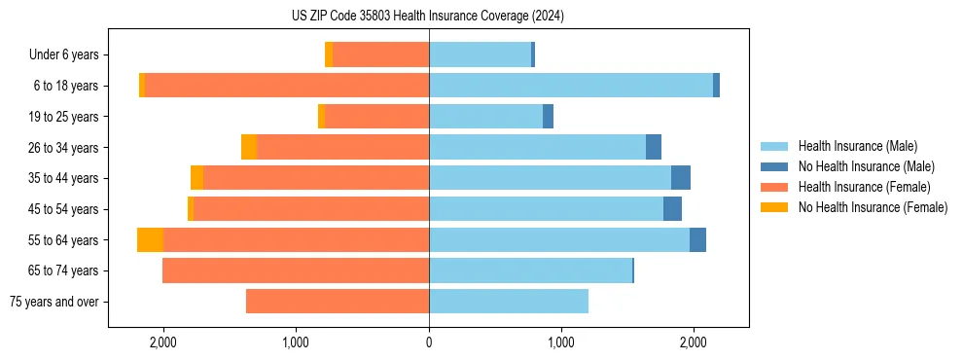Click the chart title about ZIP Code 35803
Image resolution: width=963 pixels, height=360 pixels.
[428, 17]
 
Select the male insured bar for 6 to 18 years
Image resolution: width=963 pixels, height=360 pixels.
[571, 86]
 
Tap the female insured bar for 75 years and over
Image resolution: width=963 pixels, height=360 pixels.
[338, 302]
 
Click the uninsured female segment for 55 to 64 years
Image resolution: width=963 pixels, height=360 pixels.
[150, 240]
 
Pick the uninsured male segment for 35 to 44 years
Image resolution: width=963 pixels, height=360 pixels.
[681, 178]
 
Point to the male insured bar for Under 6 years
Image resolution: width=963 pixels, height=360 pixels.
[481, 54]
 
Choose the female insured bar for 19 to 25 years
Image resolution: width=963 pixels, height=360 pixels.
[376, 117]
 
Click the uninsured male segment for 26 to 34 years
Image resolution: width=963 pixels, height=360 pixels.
[654, 147]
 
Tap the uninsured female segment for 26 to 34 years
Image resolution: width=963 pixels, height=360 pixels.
[249, 147]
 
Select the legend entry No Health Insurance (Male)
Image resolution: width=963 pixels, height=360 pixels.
[866, 166]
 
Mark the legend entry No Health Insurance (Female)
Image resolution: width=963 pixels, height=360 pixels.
[872, 207]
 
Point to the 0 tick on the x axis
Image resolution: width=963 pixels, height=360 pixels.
[429, 342]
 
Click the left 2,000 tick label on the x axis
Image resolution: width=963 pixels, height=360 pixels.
[162, 342]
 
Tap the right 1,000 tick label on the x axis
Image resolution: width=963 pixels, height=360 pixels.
[561, 342]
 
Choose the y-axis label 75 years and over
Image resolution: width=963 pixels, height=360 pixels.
[54, 302]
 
